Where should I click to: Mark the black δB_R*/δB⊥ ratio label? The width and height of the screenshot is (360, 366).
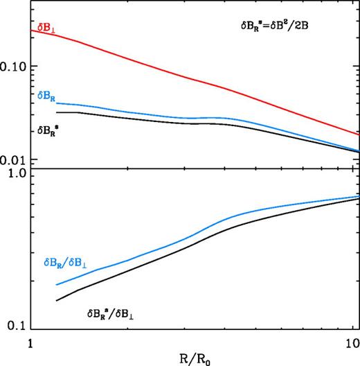point(119,314)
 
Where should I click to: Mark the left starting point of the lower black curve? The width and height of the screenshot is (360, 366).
point(56,300)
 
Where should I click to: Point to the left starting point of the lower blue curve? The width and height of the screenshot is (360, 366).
point(56,285)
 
